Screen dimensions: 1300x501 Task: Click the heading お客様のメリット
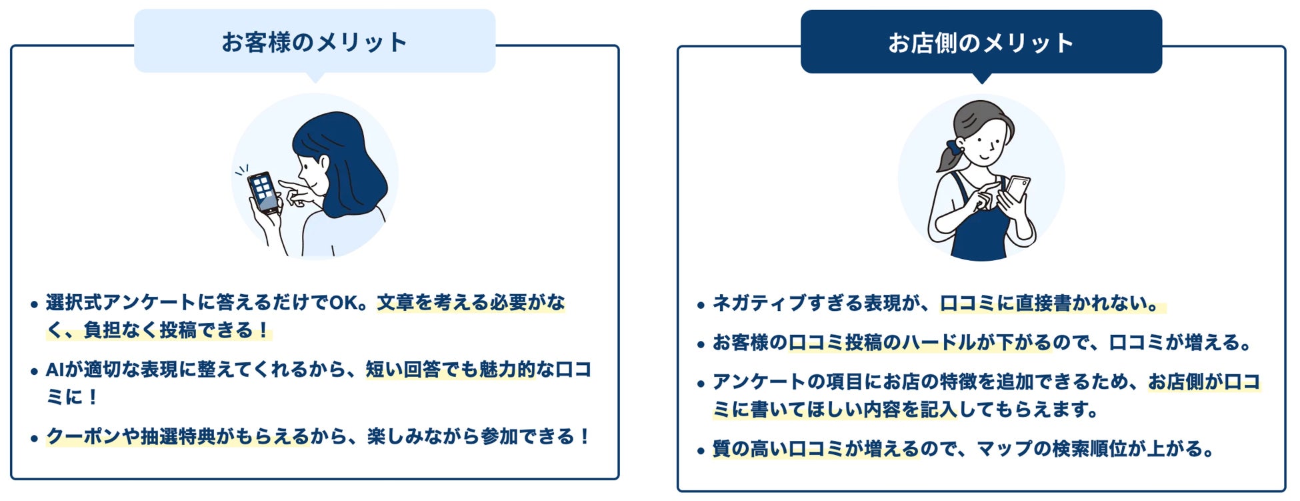(x=314, y=42)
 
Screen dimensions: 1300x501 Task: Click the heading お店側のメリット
(x=981, y=43)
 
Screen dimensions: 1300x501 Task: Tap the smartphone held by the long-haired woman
(x=264, y=192)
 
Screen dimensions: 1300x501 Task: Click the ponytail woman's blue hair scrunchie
(x=954, y=148)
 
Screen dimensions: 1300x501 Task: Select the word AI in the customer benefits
(x=54, y=370)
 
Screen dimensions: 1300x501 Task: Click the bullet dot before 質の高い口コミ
(x=701, y=451)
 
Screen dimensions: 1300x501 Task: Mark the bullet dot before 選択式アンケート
(x=34, y=305)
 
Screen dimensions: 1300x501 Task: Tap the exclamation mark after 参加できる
(x=585, y=437)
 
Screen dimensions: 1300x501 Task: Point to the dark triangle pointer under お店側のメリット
(x=981, y=78)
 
